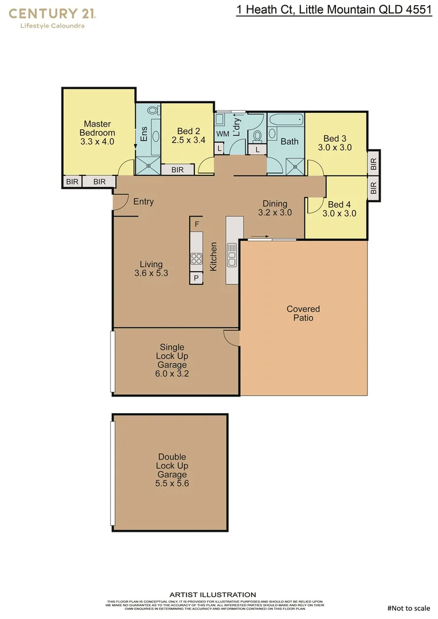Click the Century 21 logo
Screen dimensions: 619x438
(x=52, y=17)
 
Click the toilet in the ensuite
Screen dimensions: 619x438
(x=153, y=111)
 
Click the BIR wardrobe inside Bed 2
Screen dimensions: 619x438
(x=177, y=170)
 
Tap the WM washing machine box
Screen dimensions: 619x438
(x=222, y=134)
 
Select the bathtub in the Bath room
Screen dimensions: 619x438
(x=286, y=122)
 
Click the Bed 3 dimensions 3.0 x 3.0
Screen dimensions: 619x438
(x=334, y=147)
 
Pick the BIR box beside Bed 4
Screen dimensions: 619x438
(x=373, y=187)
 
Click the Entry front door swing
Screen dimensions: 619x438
(x=119, y=202)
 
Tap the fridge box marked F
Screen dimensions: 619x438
(x=197, y=224)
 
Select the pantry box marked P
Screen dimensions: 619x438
(x=196, y=278)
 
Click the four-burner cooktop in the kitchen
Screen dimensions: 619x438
(x=196, y=257)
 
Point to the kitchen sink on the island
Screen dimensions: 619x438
(x=232, y=254)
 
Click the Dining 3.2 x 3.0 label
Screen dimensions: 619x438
(x=275, y=207)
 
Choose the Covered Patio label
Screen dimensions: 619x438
(x=303, y=313)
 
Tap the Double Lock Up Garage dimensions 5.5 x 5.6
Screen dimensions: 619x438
(x=172, y=483)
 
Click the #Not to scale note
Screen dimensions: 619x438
(x=408, y=608)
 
